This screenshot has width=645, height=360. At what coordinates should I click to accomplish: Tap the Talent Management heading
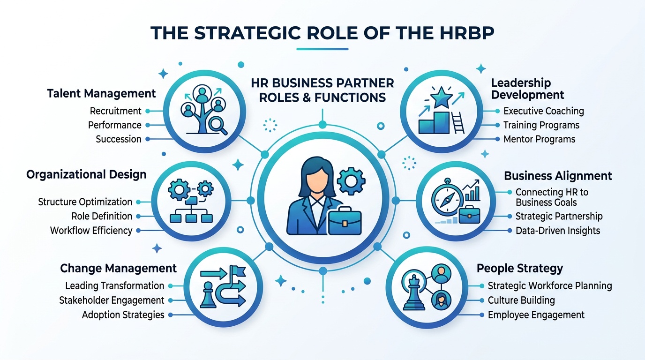click(x=101, y=94)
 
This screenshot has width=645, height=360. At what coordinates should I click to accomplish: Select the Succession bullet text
click(x=118, y=139)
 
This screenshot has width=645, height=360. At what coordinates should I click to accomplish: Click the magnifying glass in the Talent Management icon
click(x=218, y=126)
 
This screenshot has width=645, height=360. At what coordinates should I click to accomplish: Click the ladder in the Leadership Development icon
click(x=458, y=123)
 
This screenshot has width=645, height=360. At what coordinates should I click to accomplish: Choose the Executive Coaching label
click(x=544, y=111)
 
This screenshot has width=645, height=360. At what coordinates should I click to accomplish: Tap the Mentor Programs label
click(x=540, y=139)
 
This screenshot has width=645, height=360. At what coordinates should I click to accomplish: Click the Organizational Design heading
click(x=86, y=175)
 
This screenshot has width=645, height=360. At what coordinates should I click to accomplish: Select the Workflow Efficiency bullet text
click(x=91, y=231)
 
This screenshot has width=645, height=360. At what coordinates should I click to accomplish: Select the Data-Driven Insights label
click(x=558, y=231)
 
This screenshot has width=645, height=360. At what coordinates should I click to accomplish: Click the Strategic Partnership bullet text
click(x=559, y=216)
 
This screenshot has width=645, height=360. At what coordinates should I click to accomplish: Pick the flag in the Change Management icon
click(x=238, y=271)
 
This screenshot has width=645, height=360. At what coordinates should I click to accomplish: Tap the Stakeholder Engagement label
click(x=112, y=300)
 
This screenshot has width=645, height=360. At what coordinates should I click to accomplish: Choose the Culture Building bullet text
click(x=521, y=300)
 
